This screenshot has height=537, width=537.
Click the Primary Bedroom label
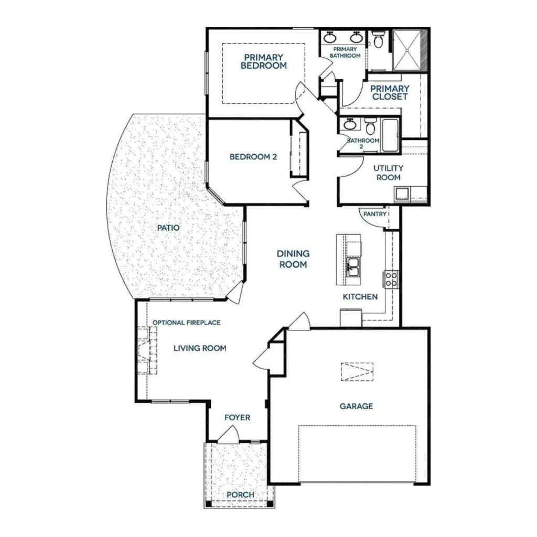point(264,62)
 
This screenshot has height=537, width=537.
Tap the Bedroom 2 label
point(253,157)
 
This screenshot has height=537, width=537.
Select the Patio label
point(168,228)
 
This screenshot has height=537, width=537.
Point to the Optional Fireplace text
point(186,323)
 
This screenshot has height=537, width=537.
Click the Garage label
point(356,406)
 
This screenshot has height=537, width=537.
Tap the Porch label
point(240,495)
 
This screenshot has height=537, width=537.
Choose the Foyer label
point(238,417)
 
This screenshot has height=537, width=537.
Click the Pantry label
point(374,214)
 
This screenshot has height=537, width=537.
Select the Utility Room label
point(389,173)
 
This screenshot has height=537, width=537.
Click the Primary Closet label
point(390,93)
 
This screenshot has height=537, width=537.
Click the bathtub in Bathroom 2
point(390,135)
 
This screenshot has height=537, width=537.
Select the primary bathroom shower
point(407,50)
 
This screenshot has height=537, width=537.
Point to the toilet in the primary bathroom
point(378,39)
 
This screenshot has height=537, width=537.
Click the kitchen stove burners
point(391,279)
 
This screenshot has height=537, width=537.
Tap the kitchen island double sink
point(352,267)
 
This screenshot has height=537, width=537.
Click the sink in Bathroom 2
point(350,124)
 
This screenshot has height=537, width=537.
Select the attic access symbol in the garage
point(357,372)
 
